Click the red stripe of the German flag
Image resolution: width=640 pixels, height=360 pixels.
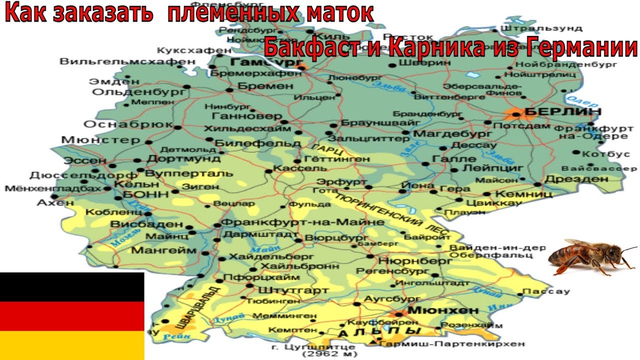point(72,316)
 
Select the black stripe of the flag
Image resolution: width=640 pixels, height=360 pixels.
point(72,287)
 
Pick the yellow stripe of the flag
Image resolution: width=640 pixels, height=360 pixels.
point(72,345)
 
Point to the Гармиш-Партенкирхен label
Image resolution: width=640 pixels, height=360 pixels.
point(452,343)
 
